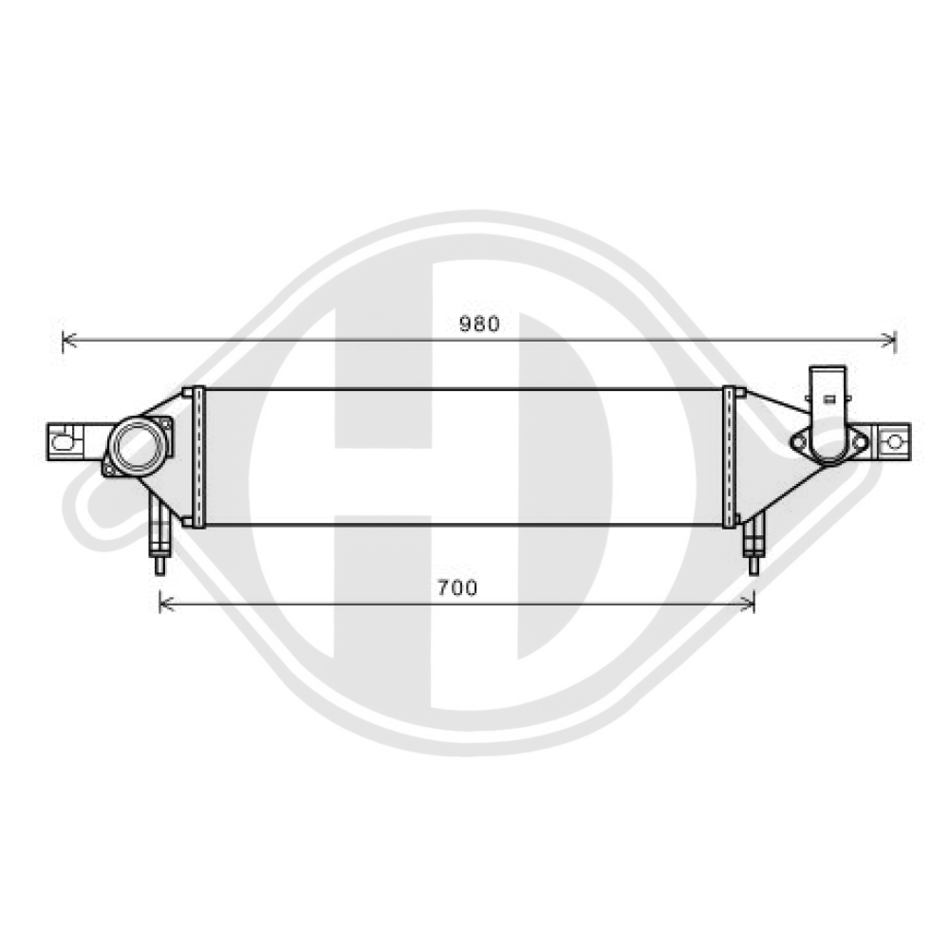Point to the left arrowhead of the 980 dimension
click(65, 340)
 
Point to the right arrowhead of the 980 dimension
click(892, 340)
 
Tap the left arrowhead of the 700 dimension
click(162, 603)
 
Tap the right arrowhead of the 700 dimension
click(751, 603)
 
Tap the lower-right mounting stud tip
click(754, 567)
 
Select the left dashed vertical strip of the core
click(198, 456)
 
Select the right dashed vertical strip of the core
click(729, 456)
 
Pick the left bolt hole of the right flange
click(799, 439)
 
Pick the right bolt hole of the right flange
click(859, 440)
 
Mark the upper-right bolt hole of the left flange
click(164, 423)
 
